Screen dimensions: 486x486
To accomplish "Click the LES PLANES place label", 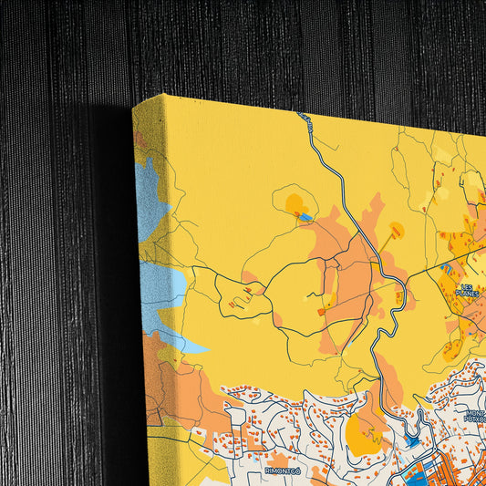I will click(x=467, y=289).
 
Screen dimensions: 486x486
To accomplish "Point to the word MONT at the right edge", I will click(x=476, y=413).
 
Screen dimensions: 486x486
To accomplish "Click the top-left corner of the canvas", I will click(x=134, y=104).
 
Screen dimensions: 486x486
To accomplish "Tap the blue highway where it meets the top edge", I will click(x=302, y=115).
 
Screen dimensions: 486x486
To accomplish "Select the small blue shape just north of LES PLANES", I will click(x=446, y=267).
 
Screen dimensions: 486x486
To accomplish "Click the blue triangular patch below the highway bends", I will click(x=413, y=441).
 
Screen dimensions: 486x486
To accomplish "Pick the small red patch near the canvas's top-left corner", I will click(x=140, y=140).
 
